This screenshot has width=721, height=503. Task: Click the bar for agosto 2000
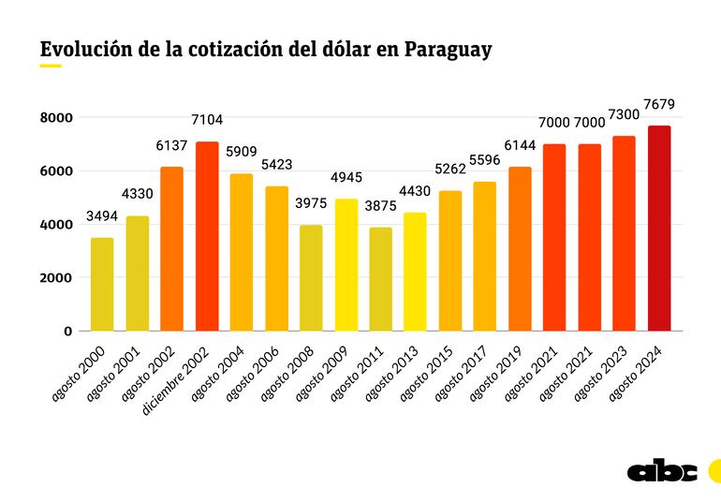102,285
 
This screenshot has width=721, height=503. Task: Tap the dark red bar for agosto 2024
659,229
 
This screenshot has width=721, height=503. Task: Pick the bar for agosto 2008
311,278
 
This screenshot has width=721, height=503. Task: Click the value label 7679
659,104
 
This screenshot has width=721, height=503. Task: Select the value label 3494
102,216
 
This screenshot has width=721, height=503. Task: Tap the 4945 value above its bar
346,177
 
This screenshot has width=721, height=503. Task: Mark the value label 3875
381,206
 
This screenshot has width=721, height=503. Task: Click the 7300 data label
625,114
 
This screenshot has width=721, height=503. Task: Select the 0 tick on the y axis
67,332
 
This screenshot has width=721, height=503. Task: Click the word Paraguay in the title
448,50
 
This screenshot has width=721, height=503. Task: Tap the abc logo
662,471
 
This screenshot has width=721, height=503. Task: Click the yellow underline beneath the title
51,67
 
